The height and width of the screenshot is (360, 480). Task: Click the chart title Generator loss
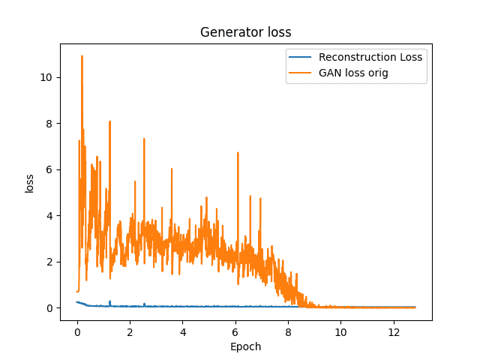(x=245, y=32)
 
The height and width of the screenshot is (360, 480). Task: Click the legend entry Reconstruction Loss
(x=370, y=57)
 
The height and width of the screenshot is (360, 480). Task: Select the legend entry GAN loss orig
(x=358, y=73)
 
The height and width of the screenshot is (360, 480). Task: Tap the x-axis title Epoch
(x=245, y=346)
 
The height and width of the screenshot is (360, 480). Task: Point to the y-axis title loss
(x=30, y=184)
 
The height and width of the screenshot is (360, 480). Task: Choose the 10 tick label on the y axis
(x=47, y=77)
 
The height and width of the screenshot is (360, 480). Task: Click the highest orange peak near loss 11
(x=82, y=56)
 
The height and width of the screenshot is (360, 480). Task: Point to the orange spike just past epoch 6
(x=238, y=153)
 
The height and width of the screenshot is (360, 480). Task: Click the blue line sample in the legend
(x=301, y=57)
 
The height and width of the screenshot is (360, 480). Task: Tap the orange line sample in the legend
(x=301, y=73)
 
